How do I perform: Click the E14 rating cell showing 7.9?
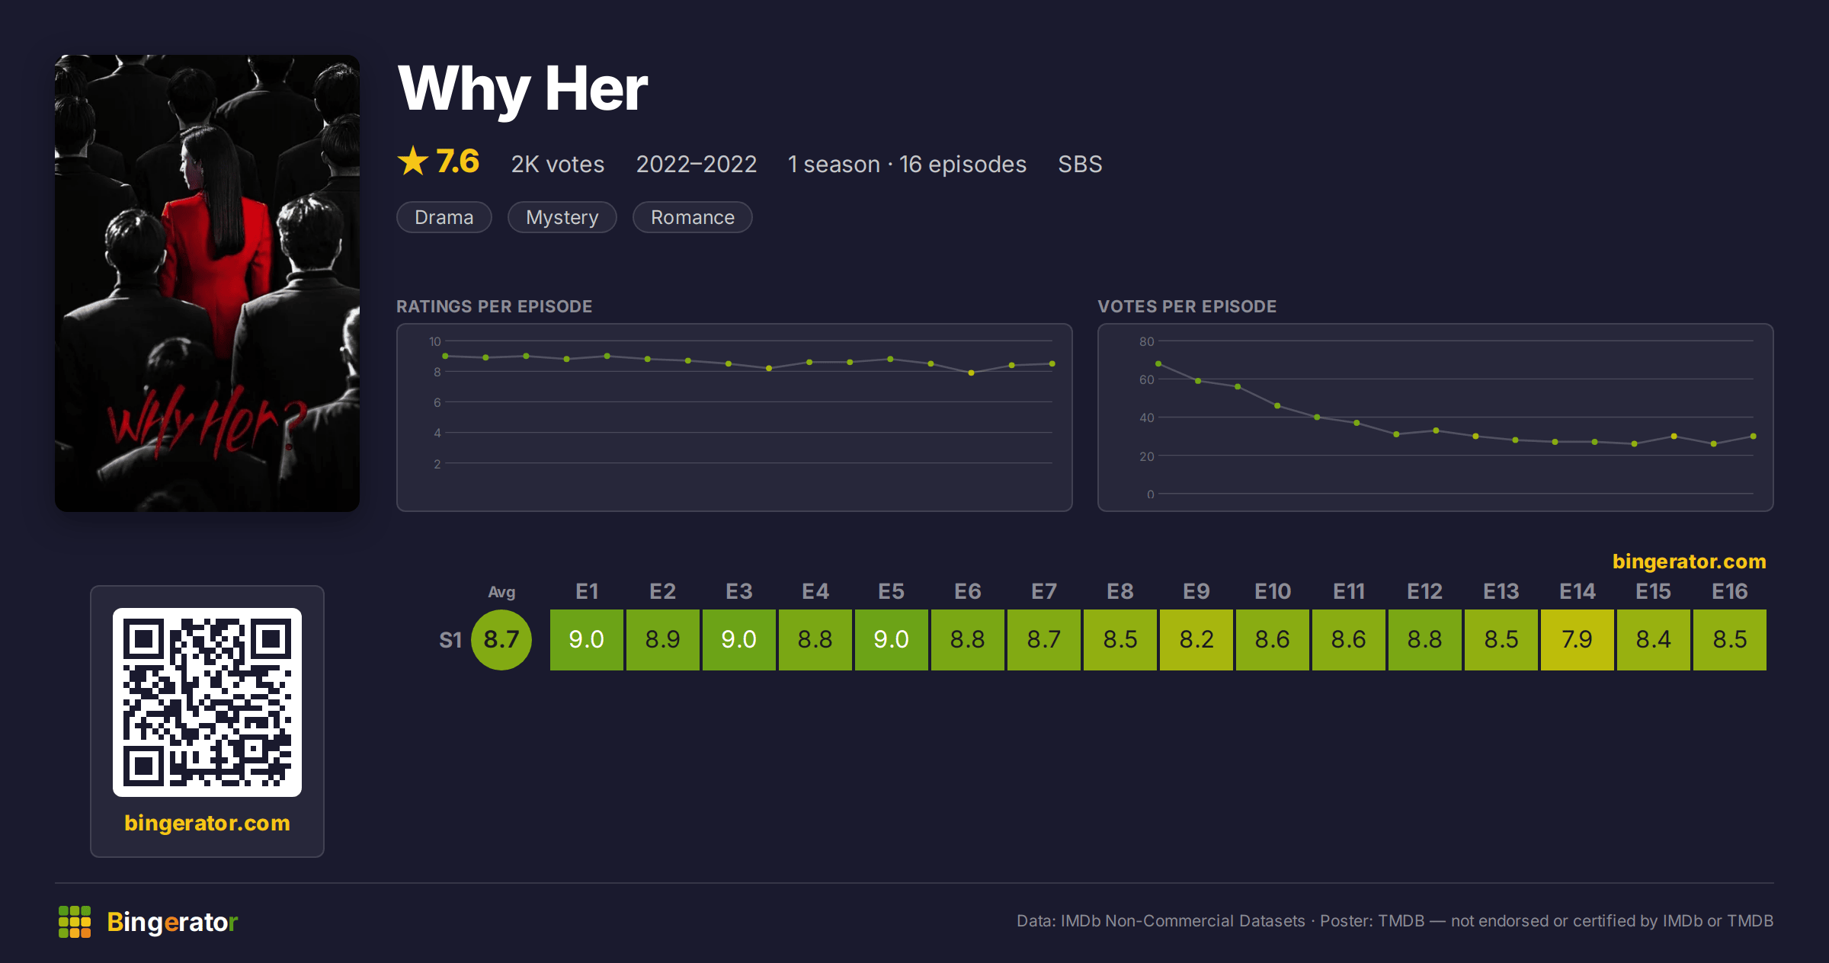(x=1577, y=639)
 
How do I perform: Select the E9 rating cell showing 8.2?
(x=1196, y=639)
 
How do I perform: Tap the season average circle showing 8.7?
(x=501, y=639)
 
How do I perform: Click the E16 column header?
(x=1729, y=591)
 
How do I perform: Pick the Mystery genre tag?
(x=562, y=217)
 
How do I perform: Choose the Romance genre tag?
(x=693, y=217)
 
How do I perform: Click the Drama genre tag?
(x=444, y=217)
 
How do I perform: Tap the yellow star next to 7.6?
(x=413, y=161)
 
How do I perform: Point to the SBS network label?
(x=1080, y=165)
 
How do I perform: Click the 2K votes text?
(x=558, y=165)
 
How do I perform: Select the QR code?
(x=207, y=702)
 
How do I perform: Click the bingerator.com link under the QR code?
(x=207, y=823)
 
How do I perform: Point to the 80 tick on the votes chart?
(x=1146, y=341)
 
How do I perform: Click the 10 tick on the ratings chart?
(x=434, y=341)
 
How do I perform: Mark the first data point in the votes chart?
(x=1158, y=363)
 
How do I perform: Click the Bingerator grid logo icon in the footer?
(x=75, y=922)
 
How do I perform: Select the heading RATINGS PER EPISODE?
(x=494, y=306)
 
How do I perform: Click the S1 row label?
(x=450, y=640)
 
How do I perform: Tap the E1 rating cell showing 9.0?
(x=586, y=639)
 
